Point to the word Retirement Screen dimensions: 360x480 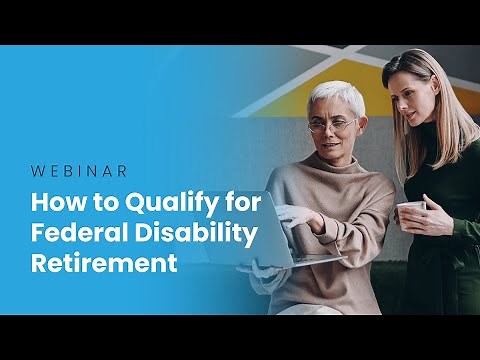click(105, 265)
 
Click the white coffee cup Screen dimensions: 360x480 click(409, 214)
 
